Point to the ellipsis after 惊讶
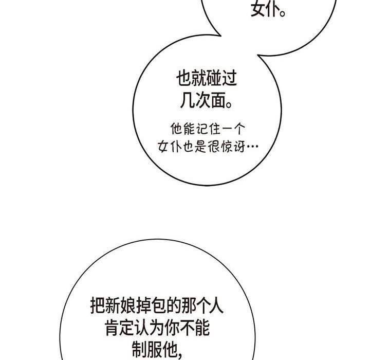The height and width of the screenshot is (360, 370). coord(252,148)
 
